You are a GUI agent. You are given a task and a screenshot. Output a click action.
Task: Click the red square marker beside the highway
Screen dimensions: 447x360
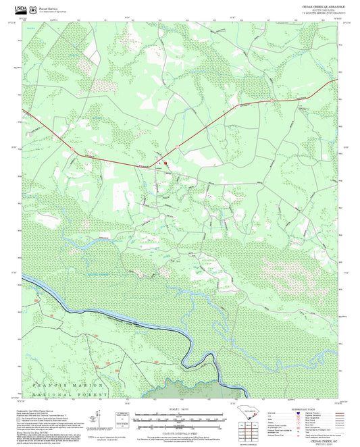point(164,162)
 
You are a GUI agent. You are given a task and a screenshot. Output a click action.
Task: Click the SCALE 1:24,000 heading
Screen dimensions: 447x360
point(180,410)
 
